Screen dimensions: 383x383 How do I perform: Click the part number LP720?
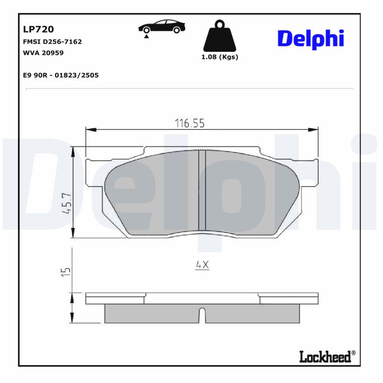35,30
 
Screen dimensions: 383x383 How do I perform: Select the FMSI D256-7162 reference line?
52,42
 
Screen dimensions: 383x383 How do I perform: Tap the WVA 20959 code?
43,53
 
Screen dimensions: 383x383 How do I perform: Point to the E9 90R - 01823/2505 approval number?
60,75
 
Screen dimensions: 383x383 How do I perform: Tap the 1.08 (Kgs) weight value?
220,56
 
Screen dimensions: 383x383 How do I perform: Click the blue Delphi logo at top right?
311,38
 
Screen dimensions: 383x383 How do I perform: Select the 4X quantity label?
202,265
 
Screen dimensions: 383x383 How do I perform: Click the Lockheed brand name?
325,357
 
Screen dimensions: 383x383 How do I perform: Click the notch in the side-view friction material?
202,315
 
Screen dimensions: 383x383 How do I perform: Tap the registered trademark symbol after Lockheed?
353,353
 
